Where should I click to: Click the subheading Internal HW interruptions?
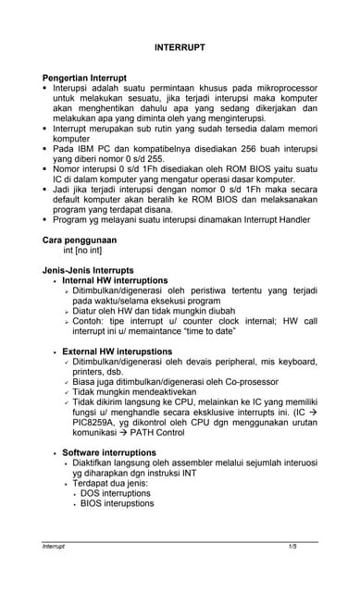pyautogui.click(x=115, y=280)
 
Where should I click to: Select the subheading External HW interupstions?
pyautogui.click(x=117, y=352)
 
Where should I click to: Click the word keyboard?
pyautogui.click(x=295, y=364)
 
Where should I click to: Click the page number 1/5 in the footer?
pyautogui.click(x=292, y=548)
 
